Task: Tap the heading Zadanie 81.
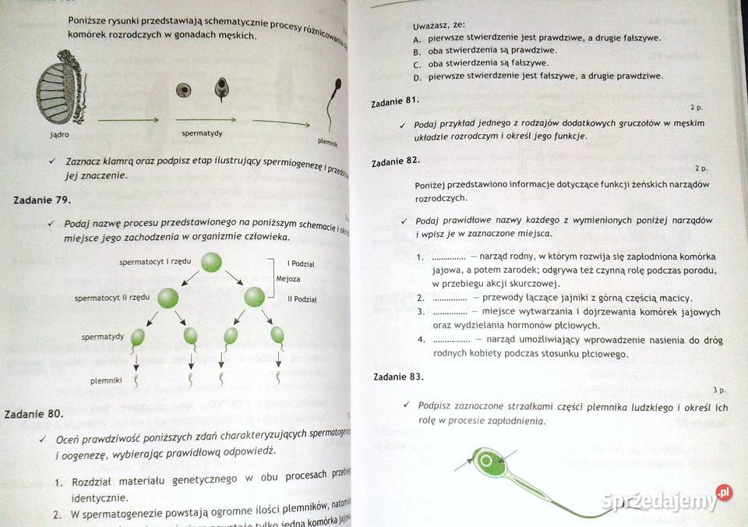point(396,101)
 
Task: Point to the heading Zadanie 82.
point(396,161)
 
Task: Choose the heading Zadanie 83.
point(397,377)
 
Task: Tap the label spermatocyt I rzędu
point(155,262)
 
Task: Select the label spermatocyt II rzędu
point(111,298)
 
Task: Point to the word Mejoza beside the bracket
point(288,279)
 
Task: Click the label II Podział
point(302,299)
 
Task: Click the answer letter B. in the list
point(418,51)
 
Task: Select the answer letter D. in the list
point(418,76)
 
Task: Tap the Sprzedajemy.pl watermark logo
point(667,500)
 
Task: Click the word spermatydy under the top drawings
point(202,133)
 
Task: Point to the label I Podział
point(302,263)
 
